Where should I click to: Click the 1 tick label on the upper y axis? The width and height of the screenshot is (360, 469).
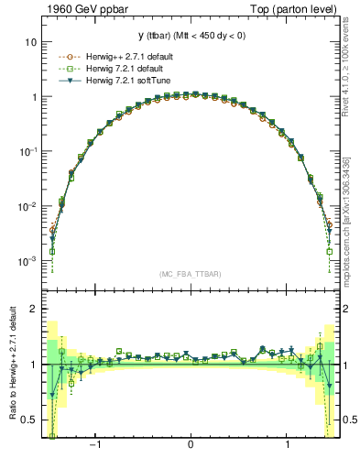pyautogui.click(x=33, y=97)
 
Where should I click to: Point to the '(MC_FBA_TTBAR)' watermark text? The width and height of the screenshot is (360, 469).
pyautogui.click(x=190, y=274)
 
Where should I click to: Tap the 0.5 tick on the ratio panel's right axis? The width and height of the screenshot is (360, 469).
pyautogui.click(x=345, y=420)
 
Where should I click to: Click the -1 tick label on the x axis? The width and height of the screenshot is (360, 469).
pyautogui.click(x=95, y=445)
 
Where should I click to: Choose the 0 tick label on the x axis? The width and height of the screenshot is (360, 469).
pyautogui.click(x=190, y=445)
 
